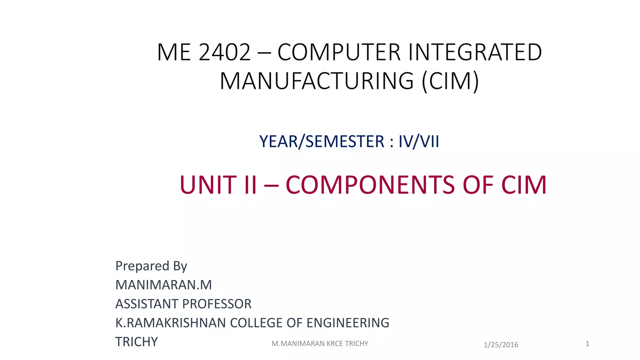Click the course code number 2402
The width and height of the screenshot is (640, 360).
click(224, 52)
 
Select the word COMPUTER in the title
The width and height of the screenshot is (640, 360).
click(339, 52)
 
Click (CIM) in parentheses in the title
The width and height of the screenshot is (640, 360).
click(450, 81)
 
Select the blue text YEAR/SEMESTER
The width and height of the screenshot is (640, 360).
click(322, 142)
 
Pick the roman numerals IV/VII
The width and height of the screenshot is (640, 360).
click(419, 142)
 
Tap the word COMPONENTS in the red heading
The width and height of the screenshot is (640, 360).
click(370, 185)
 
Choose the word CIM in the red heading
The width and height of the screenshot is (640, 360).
click(524, 185)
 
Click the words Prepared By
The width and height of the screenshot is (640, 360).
click(151, 266)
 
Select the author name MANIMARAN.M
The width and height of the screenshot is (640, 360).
click(164, 285)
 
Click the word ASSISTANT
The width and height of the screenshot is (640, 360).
click(147, 304)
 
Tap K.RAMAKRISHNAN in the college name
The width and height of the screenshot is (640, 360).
click(171, 323)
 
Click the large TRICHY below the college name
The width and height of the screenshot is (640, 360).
click(137, 342)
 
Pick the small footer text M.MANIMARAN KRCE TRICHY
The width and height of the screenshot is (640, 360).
click(320, 344)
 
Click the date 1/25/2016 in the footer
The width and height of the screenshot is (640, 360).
click(501, 345)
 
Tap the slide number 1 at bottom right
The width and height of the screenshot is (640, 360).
click(587, 344)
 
